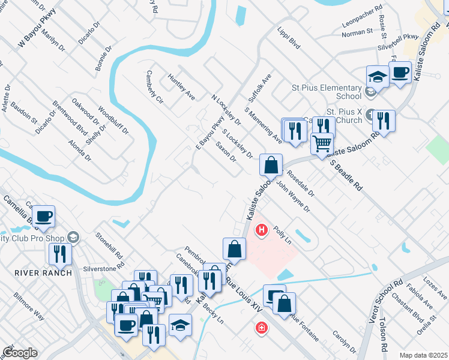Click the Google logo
pyautogui.click(x=19, y=353)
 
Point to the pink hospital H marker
pyautogui.click(x=262, y=229)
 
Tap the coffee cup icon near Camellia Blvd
pyautogui.click(x=44, y=216)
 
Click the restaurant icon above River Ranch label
pyautogui.click(x=60, y=254)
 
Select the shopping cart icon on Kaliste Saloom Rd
pyautogui.click(x=322, y=144)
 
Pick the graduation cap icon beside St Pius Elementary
pyautogui.click(x=377, y=77)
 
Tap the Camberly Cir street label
pyautogui.click(x=154, y=87)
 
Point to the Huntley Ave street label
pyautogui.click(x=181, y=86)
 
